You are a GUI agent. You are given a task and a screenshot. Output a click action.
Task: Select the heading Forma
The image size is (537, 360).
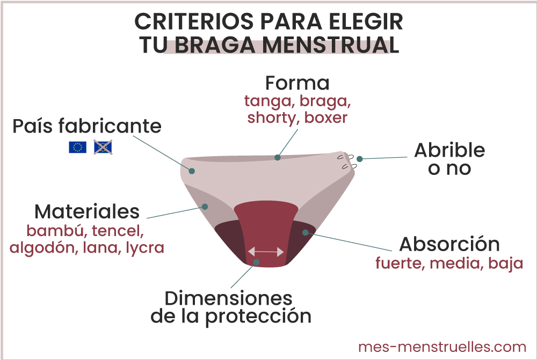click(297, 83)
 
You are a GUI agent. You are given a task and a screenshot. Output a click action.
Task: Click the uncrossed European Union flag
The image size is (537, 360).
click(77, 147)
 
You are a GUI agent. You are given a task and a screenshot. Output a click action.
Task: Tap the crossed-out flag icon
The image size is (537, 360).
click(103, 147)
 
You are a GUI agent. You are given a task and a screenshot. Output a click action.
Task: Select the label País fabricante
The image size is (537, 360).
click(87, 126)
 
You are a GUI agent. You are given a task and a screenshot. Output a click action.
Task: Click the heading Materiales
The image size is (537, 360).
click(87, 212)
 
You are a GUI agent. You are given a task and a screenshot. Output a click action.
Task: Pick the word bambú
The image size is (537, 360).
click(56, 231)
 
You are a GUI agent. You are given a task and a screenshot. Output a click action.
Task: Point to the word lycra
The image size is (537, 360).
click(145, 248)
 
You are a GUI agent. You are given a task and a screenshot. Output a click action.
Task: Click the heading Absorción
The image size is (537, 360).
click(449, 245)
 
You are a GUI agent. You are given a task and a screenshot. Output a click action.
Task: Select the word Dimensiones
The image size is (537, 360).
click(229, 298)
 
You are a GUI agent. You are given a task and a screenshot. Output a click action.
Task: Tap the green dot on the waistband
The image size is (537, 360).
click(278, 158)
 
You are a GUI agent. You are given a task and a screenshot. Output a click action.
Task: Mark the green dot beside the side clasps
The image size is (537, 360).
click(360, 159)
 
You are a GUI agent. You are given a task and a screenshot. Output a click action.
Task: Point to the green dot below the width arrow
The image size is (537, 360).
click(257, 262)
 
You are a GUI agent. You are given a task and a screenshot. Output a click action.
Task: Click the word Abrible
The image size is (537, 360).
click(449, 150)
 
